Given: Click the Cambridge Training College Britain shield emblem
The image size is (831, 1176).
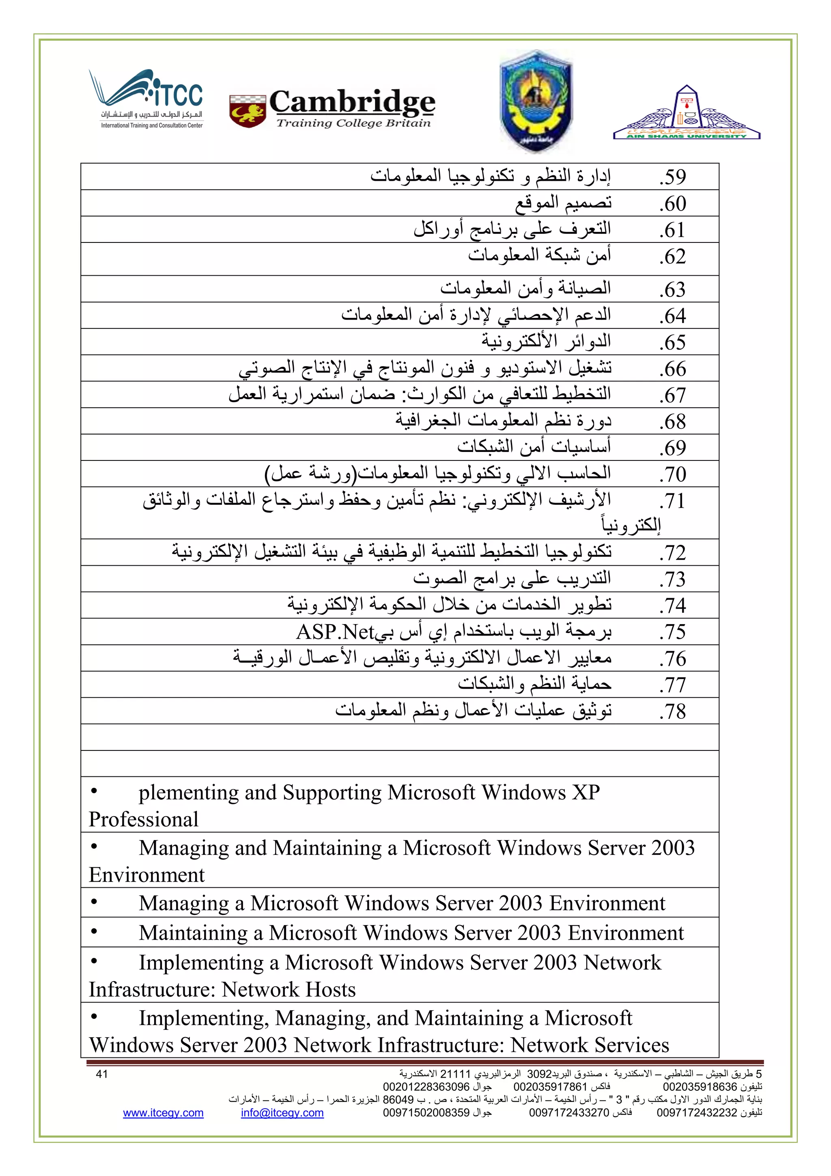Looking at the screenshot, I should coord(247,110).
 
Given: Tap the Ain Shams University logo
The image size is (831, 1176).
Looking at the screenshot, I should coord(686,114).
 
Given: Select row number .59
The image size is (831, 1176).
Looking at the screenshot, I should coord(672,177).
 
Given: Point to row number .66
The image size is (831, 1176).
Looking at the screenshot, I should coord(672,369).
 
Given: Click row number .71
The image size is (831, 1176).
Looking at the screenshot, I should coord(672,501).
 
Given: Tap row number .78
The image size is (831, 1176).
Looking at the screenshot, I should coord(672,711).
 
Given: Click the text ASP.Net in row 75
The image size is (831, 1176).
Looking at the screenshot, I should coord(335,633).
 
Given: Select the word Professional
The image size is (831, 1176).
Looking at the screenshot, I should coord(143,819).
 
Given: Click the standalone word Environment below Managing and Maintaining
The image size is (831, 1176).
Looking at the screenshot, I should coord(146,875).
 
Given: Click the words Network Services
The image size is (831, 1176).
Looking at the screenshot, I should coord(590,1045).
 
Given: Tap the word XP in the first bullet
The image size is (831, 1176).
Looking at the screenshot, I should coord(586,792).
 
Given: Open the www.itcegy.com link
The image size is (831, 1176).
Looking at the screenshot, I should coord(163,1113).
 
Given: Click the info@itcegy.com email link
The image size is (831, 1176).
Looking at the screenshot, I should coord(282,1113).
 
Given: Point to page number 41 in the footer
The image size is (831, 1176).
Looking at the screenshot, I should coord(102,1074).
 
